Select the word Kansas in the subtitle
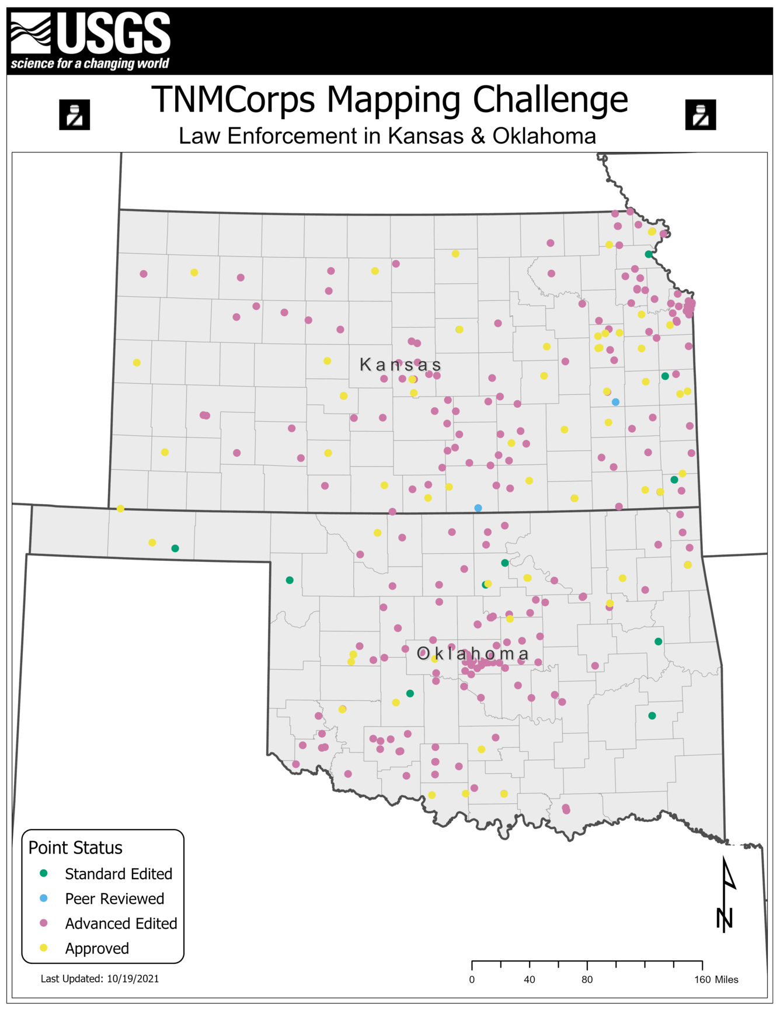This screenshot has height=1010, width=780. coord(425,136)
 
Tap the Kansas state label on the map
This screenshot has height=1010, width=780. coord(401,365)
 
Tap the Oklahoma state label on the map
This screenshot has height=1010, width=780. coord(473,654)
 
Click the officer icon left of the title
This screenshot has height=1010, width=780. coord(75,114)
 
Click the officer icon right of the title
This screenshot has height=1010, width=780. coord(700,114)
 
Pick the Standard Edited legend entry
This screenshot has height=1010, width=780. coord(119,874)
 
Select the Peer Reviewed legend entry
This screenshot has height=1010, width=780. coord(114,898)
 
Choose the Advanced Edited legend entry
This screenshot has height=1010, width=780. coord(121,924)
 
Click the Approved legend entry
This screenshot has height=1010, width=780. coord(97,949)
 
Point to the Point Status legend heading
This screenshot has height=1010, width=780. coord(75,848)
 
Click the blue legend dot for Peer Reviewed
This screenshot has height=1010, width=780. coord(44,898)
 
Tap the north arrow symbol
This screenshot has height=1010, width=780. coord(726,894)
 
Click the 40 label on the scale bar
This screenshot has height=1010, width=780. coord(530,980)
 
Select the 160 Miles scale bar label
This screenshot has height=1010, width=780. coord(716,980)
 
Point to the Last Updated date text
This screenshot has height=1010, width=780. coord(100,978)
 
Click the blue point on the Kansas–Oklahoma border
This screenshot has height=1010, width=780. coord(478,508)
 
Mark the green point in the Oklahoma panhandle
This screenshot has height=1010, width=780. coord(175,549)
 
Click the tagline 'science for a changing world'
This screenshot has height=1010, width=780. coord(90,63)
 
